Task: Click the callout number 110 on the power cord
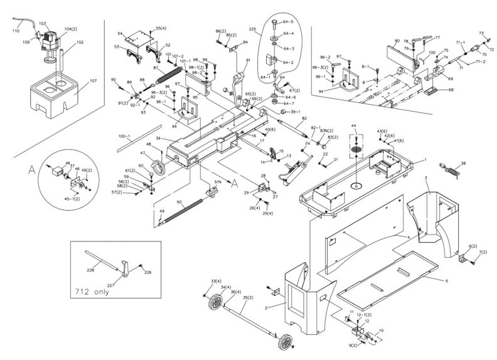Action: (16, 30)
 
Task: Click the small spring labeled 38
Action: (450, 169)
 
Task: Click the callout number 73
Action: (481, 33)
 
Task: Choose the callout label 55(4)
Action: (161, 28)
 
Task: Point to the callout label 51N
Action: (218, 181)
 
